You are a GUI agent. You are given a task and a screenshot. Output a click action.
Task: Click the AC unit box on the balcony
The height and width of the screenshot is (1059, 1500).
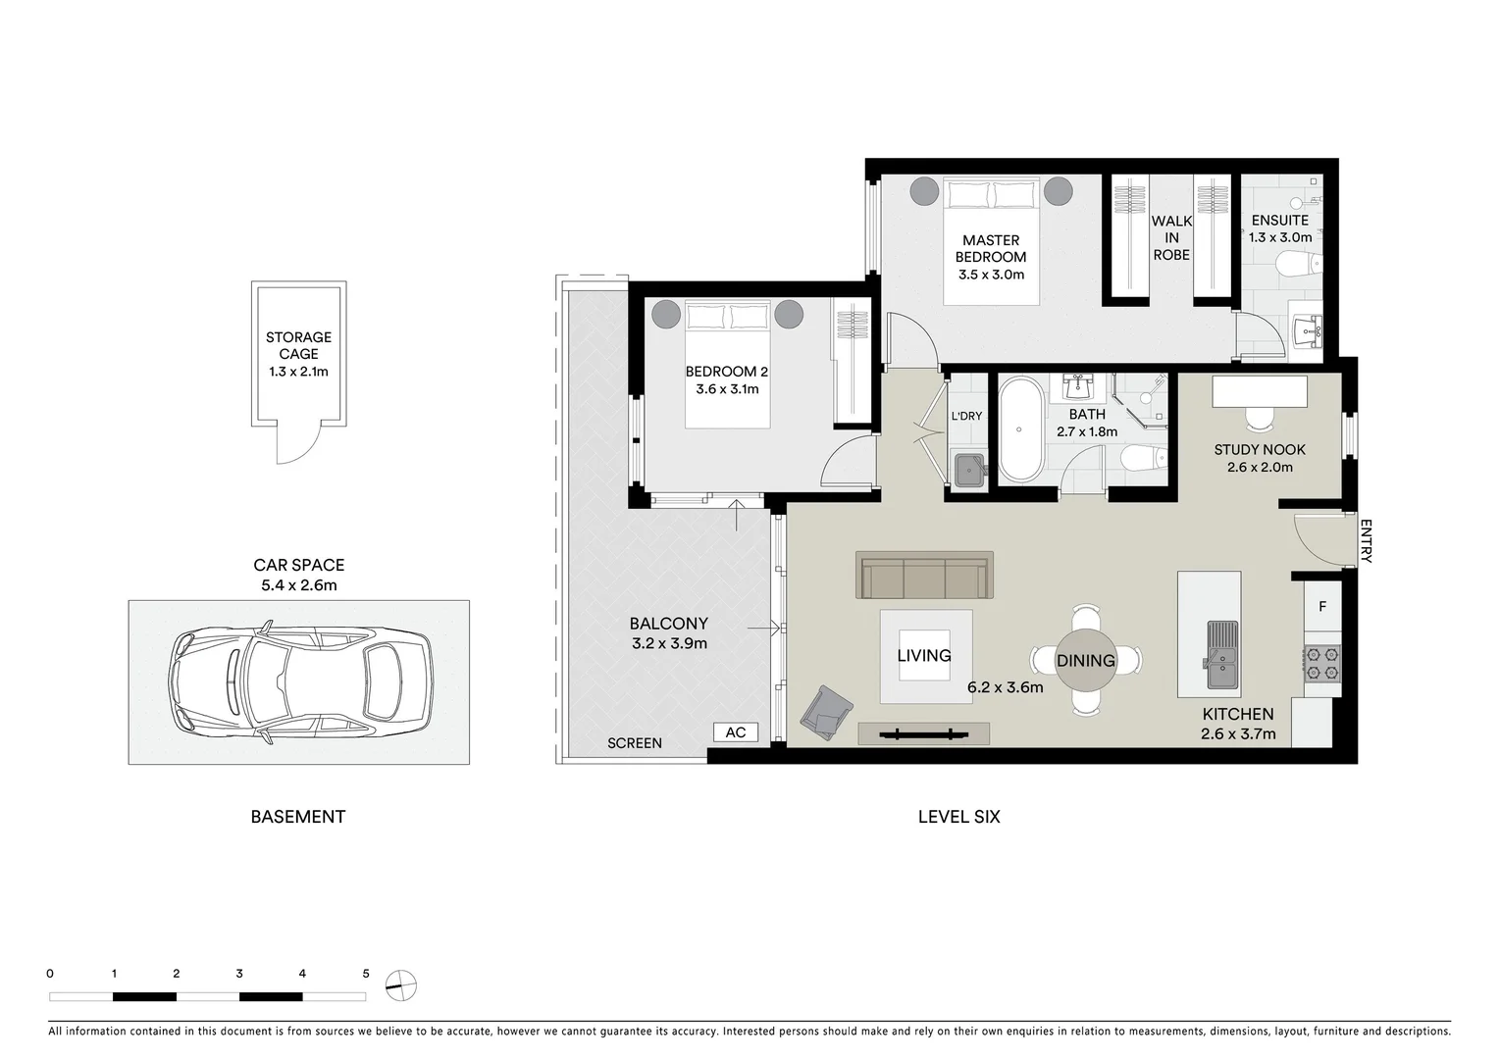[x=735, y=732]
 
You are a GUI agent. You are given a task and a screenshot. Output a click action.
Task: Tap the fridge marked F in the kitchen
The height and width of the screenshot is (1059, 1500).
[x=1321, y=607]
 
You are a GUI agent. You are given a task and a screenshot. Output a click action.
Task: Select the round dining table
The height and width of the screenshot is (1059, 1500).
[x=1085, y=660]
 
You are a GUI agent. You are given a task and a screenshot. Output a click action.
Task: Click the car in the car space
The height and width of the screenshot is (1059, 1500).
[x=299, y=682]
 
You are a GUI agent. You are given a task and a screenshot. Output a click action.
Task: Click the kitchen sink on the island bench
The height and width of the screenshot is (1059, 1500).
[x=1221, y=658]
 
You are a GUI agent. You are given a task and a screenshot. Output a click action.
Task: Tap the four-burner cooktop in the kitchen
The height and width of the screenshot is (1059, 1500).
[x=1321, y=664]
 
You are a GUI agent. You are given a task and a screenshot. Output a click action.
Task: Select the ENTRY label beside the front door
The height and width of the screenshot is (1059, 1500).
[x=1366, y=541]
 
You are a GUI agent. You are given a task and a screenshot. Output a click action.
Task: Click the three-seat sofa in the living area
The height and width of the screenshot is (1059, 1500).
[x=924, y=576]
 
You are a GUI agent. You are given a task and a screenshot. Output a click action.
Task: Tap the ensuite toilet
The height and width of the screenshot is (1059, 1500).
[x=1301, y=263]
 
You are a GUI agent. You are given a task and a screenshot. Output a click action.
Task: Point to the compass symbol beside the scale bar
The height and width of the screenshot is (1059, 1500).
[x=401, y=984]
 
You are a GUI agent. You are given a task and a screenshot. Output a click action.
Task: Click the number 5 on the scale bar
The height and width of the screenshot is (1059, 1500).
[x=366, y=974]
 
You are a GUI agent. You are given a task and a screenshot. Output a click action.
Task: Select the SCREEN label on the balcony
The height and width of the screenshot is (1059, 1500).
[x=634, y=743]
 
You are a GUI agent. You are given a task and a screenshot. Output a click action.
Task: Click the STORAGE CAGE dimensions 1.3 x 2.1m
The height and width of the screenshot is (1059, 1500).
[x=298, y=372]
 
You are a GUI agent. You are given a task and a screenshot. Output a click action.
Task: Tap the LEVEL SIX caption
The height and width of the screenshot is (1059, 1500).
[x=958, y=816]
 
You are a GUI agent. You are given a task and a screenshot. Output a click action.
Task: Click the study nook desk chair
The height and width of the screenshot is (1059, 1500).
[x=1259, y=419]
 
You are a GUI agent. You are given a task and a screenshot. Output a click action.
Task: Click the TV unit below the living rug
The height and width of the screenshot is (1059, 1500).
[x=923, y=732]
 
